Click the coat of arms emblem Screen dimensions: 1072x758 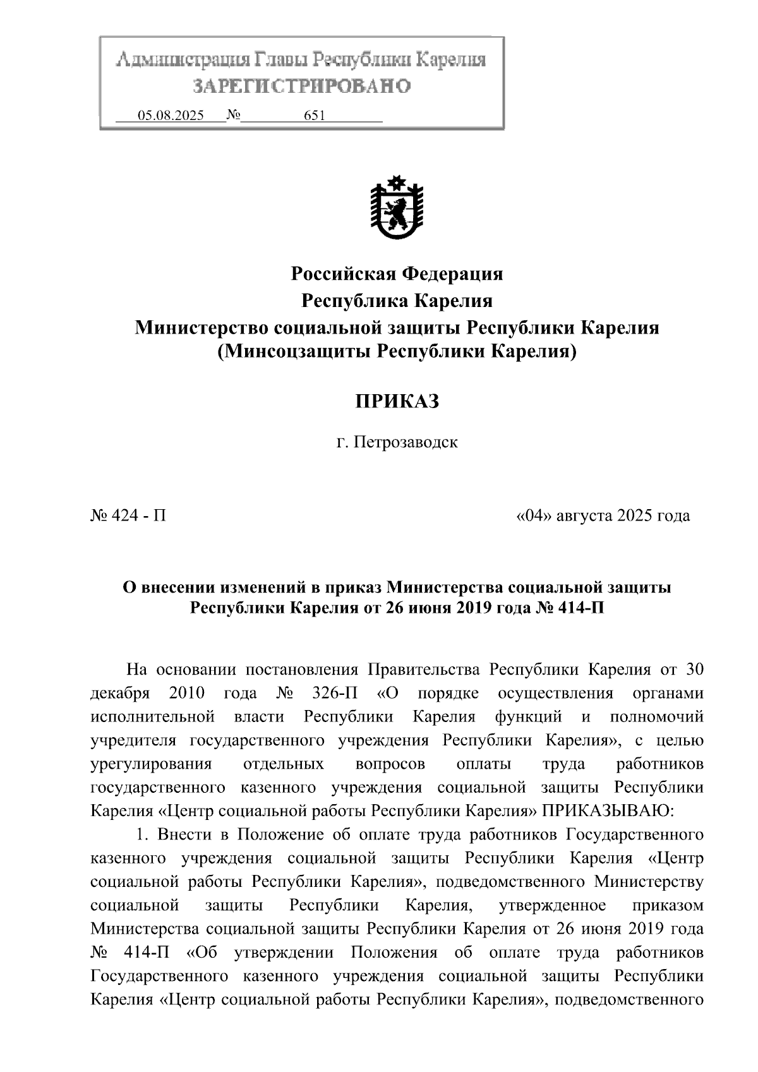(397, 208)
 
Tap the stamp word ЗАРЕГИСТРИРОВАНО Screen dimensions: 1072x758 (301, 85)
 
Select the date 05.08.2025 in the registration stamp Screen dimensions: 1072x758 (171, 116)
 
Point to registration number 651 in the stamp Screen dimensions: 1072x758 (314, 116)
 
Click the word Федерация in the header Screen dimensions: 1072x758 (453, 274)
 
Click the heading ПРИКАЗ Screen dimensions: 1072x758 (397, 401)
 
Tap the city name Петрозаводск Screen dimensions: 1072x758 (405, 442)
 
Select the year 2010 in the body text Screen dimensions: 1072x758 (187, 693)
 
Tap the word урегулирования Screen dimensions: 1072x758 (151, 764)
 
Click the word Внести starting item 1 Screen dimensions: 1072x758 (185, 834)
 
